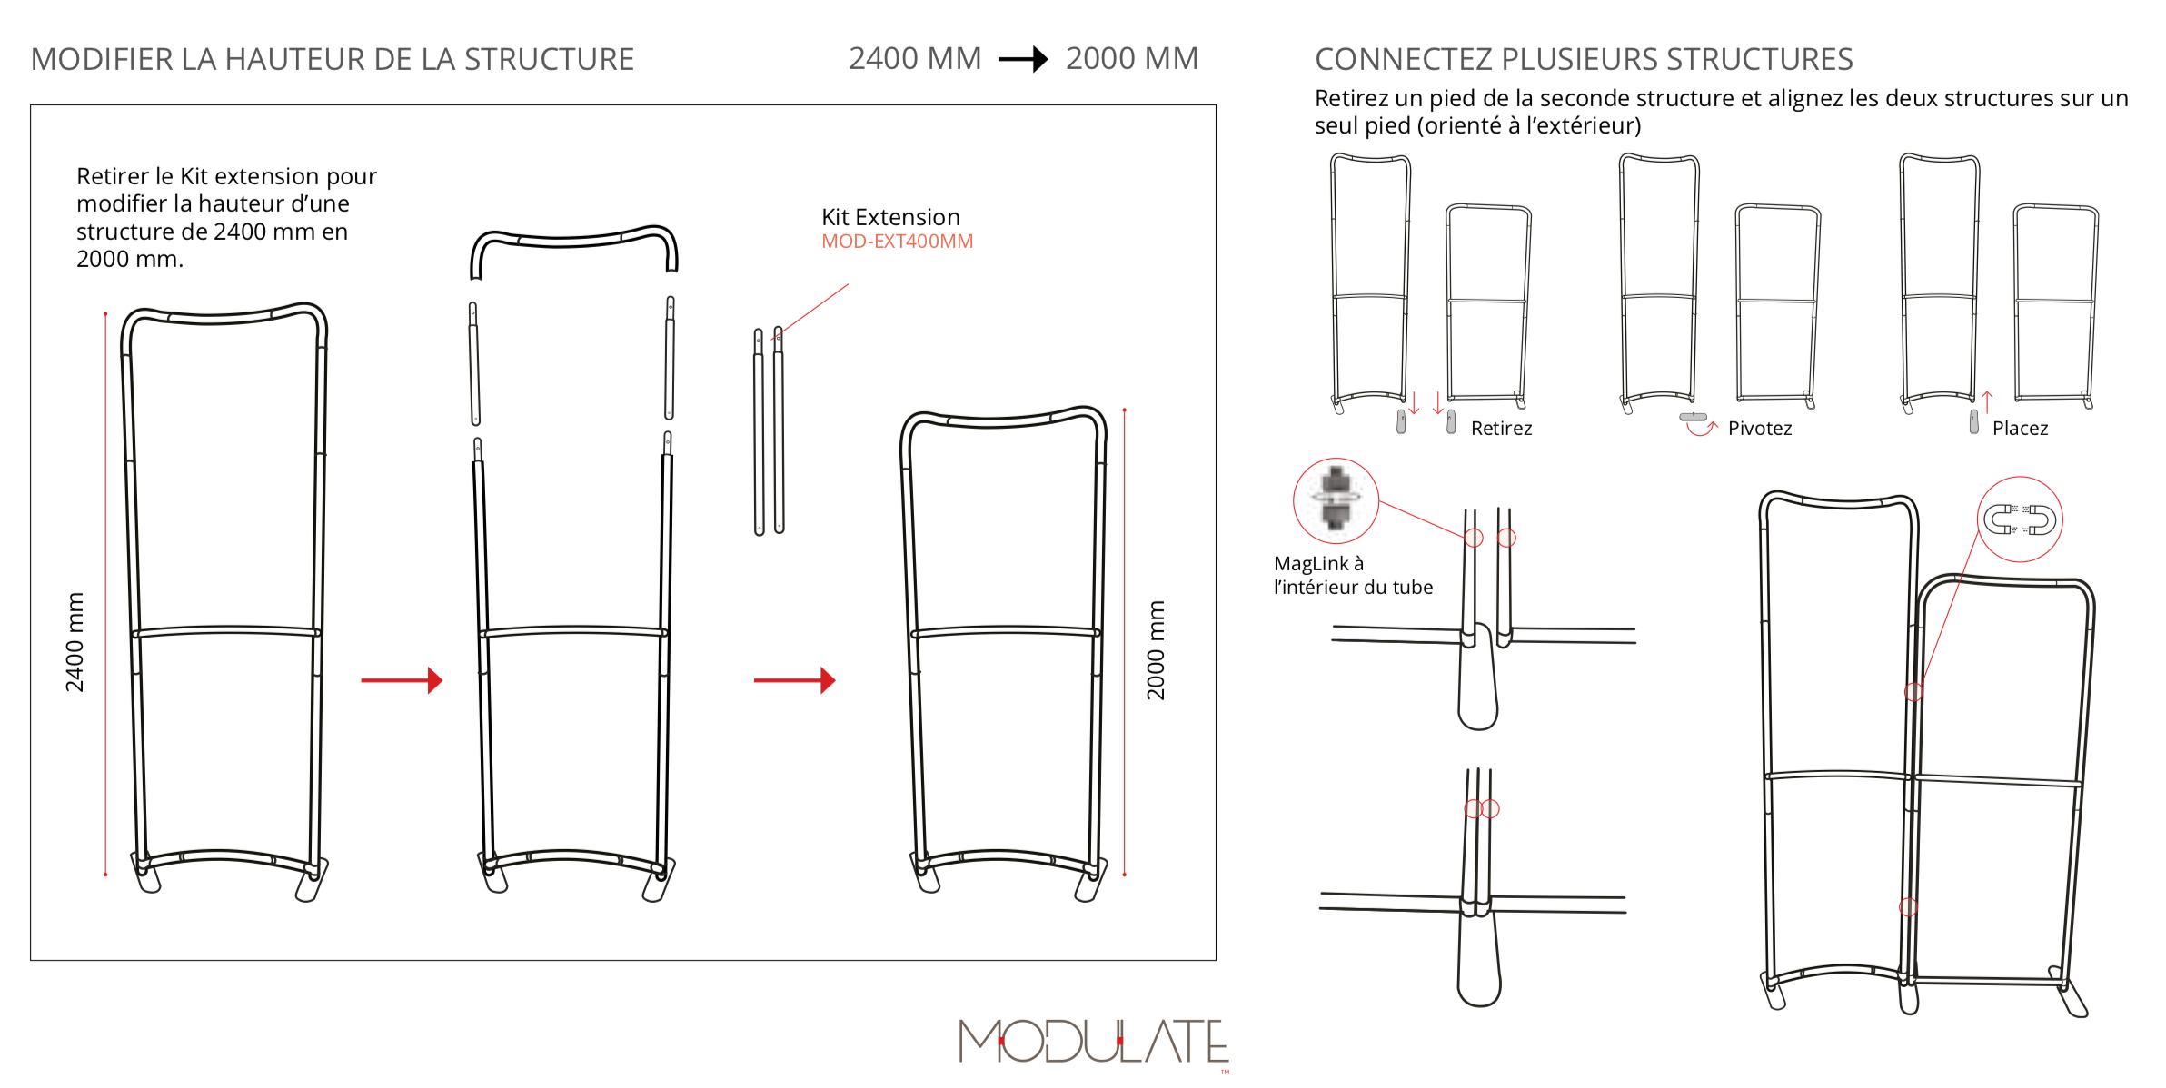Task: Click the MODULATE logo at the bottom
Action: (x=1094, y=1041)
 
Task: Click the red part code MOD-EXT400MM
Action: (x=897, y=242)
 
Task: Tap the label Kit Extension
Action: (x=890, y=217)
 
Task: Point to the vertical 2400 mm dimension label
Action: (x=75, y=642)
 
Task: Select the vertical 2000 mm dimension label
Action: (x=1155, y=650)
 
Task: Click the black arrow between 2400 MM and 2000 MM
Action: (x=1023, y=60)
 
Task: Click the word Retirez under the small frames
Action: (x=1501, y=429)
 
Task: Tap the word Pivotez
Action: (x=1760, y=429)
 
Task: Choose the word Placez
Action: (x=2020, y=429)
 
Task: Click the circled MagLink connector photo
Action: (x=1336, y=500)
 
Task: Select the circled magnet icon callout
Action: (x=2020, y=519)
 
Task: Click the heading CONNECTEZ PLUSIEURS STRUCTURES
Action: (x=1584, y=60)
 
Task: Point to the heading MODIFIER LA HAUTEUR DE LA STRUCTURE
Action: (x=333, y=60)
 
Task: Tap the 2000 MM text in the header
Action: (x=1132, y=59)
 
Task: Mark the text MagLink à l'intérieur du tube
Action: (x=1353, y=576)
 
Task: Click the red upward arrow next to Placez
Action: (x=1987, y=402)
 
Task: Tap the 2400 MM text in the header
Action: (x=915, y=59)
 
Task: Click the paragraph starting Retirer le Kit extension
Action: (x=226, y=218)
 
